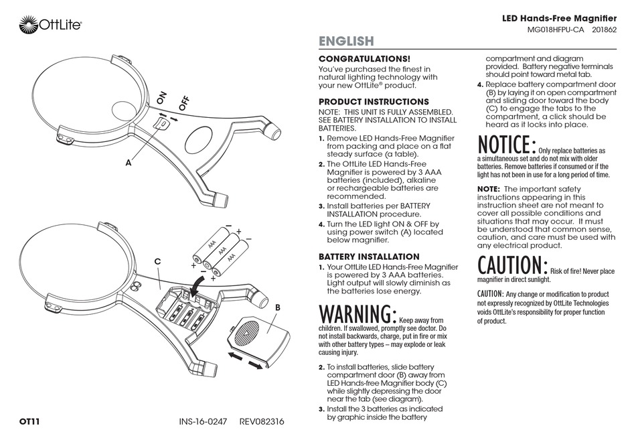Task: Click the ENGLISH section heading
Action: pos(345,42)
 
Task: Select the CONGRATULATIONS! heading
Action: pos(364,59)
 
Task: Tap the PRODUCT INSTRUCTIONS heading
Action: pos(374,102)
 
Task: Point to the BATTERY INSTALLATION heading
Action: pos(369,256)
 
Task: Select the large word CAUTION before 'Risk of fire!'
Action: pos(512,265)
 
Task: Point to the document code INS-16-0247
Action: pos(204,422)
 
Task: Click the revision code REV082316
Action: pos(262,422)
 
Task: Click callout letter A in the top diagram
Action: pos(127,163)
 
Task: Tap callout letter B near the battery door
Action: pos(276,306)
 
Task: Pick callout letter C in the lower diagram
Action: pos(157,261)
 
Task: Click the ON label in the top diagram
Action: pos(161,98)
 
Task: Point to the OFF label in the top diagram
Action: pos(183,103)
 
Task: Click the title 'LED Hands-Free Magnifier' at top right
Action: pos(559,19)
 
